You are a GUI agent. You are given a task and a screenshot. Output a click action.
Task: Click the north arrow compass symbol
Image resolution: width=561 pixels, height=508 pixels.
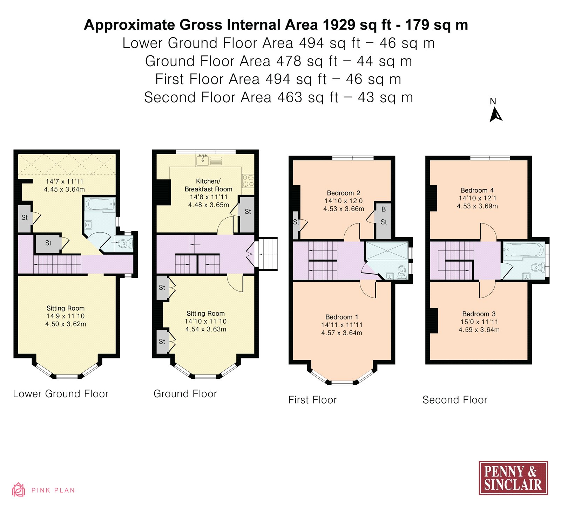[495, 115]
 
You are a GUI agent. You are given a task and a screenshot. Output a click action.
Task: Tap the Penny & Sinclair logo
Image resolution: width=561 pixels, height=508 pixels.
[513, 478]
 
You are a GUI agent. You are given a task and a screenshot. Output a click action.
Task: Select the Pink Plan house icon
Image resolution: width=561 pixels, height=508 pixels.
[19, 489]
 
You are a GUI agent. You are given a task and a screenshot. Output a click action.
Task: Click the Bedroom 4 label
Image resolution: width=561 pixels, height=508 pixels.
[477, 190]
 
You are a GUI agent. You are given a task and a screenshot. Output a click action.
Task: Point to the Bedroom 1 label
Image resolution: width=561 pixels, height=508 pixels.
[342, 317]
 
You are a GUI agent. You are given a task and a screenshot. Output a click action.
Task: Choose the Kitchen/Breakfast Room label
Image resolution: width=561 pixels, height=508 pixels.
[209, 185]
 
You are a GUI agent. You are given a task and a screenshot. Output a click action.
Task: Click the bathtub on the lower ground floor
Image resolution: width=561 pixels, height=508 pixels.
[100, 204]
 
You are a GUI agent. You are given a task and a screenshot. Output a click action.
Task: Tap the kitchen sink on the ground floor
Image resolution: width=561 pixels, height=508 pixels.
[203, 160]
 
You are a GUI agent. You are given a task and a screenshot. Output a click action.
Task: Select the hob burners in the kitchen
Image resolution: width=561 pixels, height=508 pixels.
[248, 181]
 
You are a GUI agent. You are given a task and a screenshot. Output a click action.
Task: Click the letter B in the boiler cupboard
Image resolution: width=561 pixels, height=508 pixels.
[384, 209]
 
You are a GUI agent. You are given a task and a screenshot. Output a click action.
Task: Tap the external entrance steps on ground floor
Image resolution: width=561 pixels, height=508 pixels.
[268, 254]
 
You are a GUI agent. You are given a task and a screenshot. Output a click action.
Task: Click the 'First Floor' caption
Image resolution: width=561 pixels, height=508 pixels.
[312, 400]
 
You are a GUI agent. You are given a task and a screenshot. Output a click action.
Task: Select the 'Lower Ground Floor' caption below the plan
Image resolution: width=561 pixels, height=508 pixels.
[61, 394]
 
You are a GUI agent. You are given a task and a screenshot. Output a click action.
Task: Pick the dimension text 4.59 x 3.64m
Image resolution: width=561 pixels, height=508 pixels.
[479, 330]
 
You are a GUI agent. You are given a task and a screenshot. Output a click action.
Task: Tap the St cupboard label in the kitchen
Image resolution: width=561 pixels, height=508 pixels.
[248, 212]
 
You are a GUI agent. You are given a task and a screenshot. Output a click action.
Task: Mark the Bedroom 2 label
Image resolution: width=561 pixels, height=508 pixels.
[344, 193]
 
